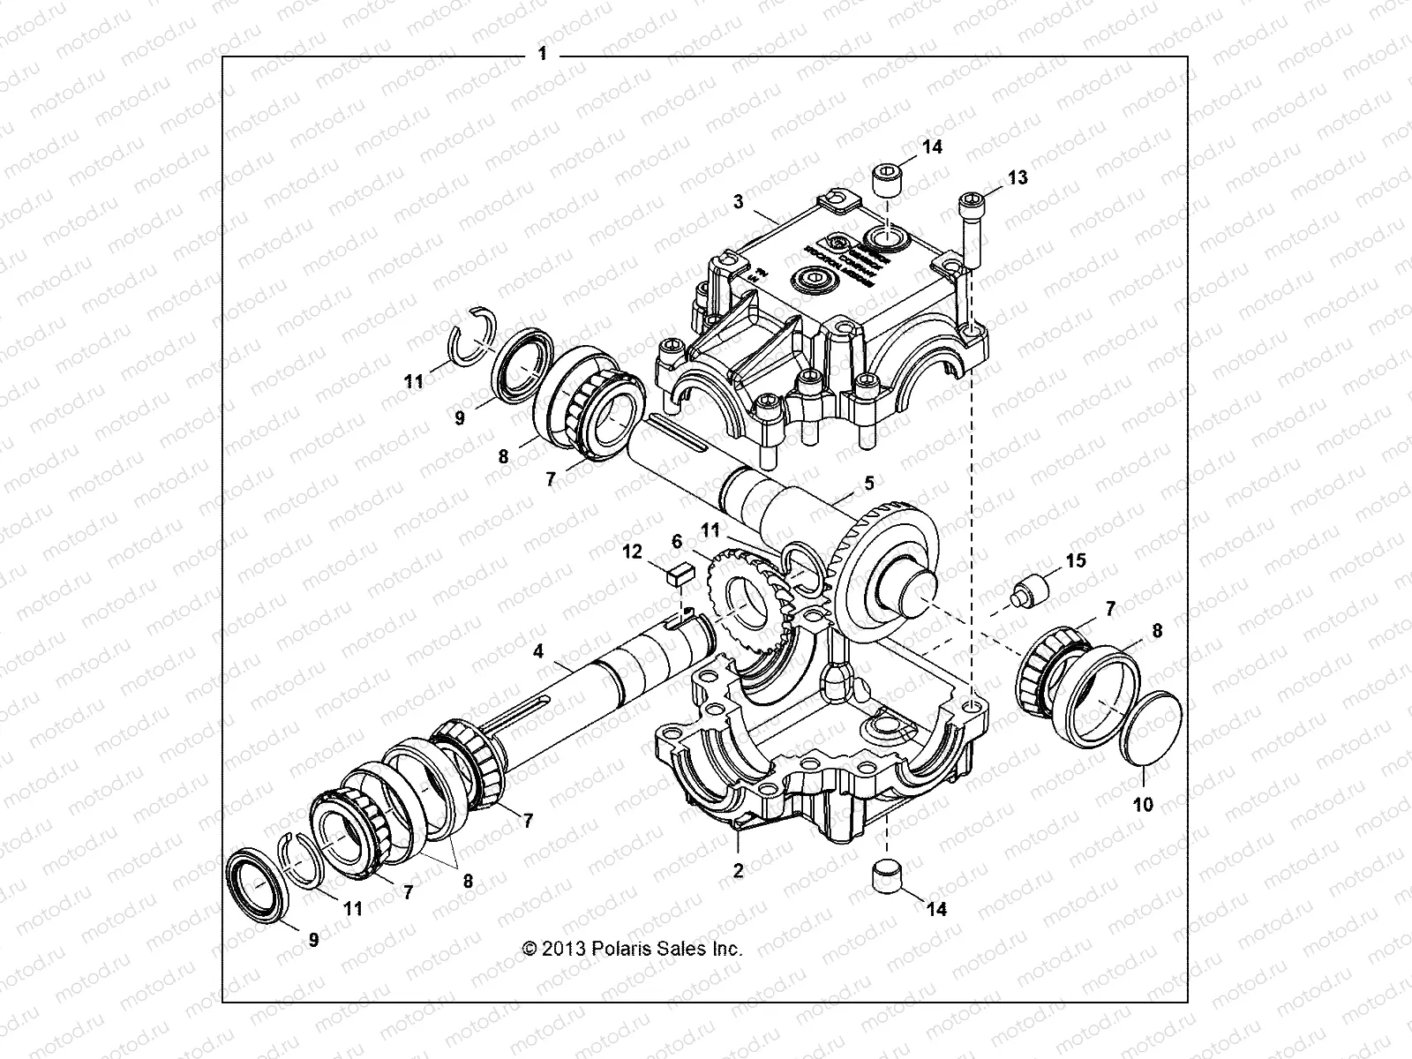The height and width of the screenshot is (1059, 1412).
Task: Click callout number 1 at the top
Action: tap(542, 55)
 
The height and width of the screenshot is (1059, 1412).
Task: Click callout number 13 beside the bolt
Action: tap(1017, 177)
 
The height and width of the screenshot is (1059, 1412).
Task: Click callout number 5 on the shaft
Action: tap(868, 483)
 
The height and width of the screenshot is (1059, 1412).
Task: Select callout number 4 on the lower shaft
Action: tap(537, 652)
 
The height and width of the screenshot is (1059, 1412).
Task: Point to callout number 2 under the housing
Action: tap(739, 870)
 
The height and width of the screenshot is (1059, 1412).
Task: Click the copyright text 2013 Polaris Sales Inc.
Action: tap(633, 949)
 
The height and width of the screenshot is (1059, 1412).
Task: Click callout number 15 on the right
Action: tap(1075, 560)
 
